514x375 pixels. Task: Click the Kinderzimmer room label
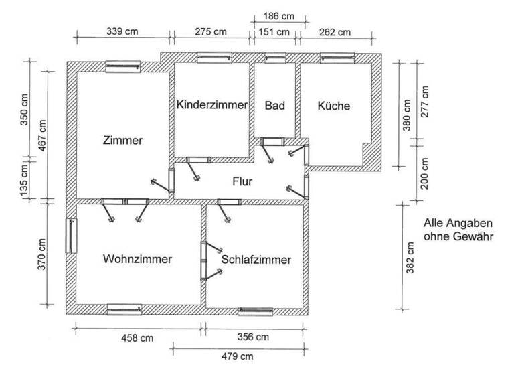212,106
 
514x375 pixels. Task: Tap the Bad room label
275,106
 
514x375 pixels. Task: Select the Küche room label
334,106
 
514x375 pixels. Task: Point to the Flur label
242,181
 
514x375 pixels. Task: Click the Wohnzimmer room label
137,259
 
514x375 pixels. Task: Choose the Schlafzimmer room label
256,260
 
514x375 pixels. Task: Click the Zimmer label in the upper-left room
122,141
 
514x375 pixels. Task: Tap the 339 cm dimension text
122,31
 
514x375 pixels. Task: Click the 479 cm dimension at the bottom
237,356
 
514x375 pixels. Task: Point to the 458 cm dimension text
137,337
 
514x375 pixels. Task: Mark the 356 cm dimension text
254,337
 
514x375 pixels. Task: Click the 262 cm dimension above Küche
335,31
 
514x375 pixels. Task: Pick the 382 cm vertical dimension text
410,257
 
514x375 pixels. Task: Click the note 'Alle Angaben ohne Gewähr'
458,230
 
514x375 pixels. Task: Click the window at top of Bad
275,58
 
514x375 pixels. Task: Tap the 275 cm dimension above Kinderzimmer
210,31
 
